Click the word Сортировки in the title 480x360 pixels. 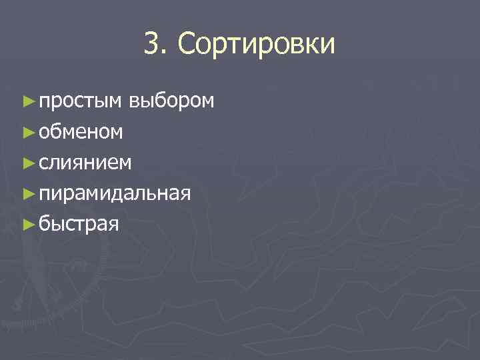point(257,45)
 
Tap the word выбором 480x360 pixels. point(172,101)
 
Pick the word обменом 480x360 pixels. point(80,132)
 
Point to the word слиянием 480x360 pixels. point(85,163)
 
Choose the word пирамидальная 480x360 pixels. point(115,193)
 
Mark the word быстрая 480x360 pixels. point(79,224)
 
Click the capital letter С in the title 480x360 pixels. point(187,45)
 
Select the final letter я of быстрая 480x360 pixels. point(114,225)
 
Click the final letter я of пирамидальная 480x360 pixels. point(186,195)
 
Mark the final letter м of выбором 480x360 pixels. point(207,102)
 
